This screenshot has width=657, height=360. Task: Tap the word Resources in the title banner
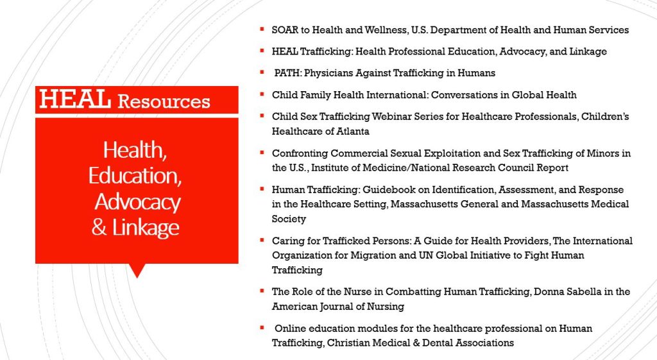click(164, 101)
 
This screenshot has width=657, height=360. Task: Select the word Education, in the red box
click(135, 176)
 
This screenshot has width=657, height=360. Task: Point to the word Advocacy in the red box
click(137, 202)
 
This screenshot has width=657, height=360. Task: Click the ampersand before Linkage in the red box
click(99, 227)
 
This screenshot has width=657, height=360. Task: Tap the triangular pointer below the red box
click(137, 271)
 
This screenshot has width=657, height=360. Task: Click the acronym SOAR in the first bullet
click(285, 30)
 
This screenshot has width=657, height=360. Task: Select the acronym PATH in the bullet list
click(287, 73)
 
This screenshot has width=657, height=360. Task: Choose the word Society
click(289, 219)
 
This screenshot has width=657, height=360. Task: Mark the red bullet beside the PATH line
click(262, 72)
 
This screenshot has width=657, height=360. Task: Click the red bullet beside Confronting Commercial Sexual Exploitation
click(262, 153)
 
